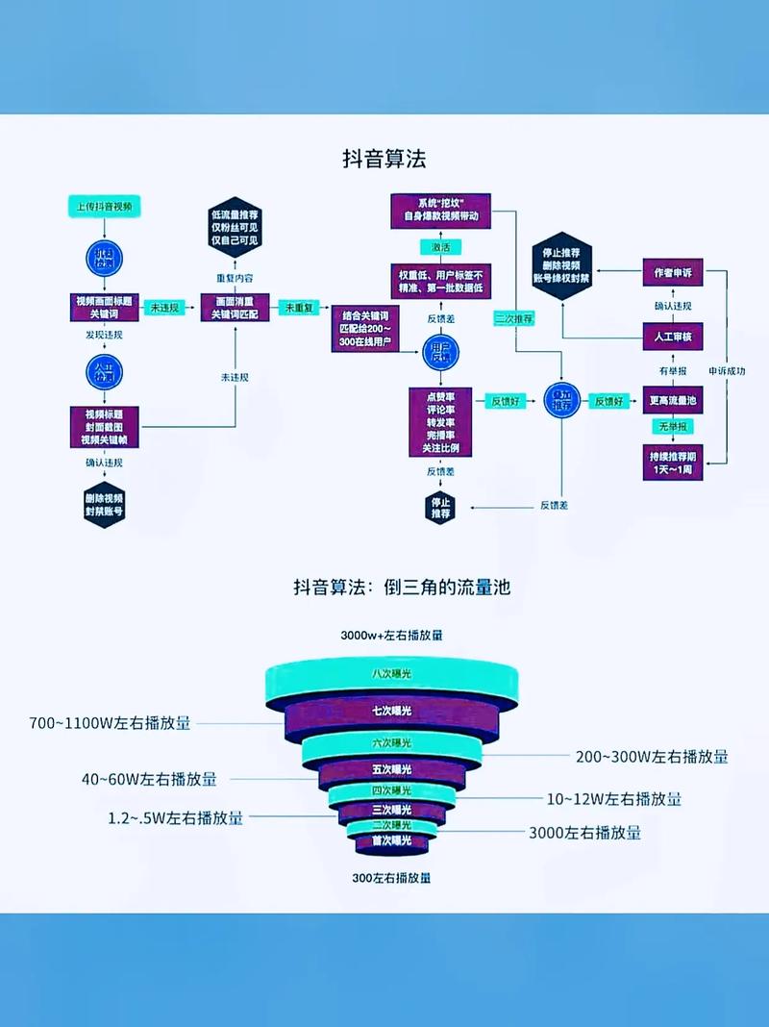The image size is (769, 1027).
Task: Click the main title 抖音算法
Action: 384,158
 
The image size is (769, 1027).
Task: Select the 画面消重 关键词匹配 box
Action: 235,307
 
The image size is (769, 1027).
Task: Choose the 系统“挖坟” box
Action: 440,211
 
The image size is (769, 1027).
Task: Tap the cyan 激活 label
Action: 440,247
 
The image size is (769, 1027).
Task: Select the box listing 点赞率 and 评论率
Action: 440,422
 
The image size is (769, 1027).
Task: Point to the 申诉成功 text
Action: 727,370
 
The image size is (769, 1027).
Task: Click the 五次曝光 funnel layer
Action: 391,769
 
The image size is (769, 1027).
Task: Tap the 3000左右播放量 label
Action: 584,833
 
